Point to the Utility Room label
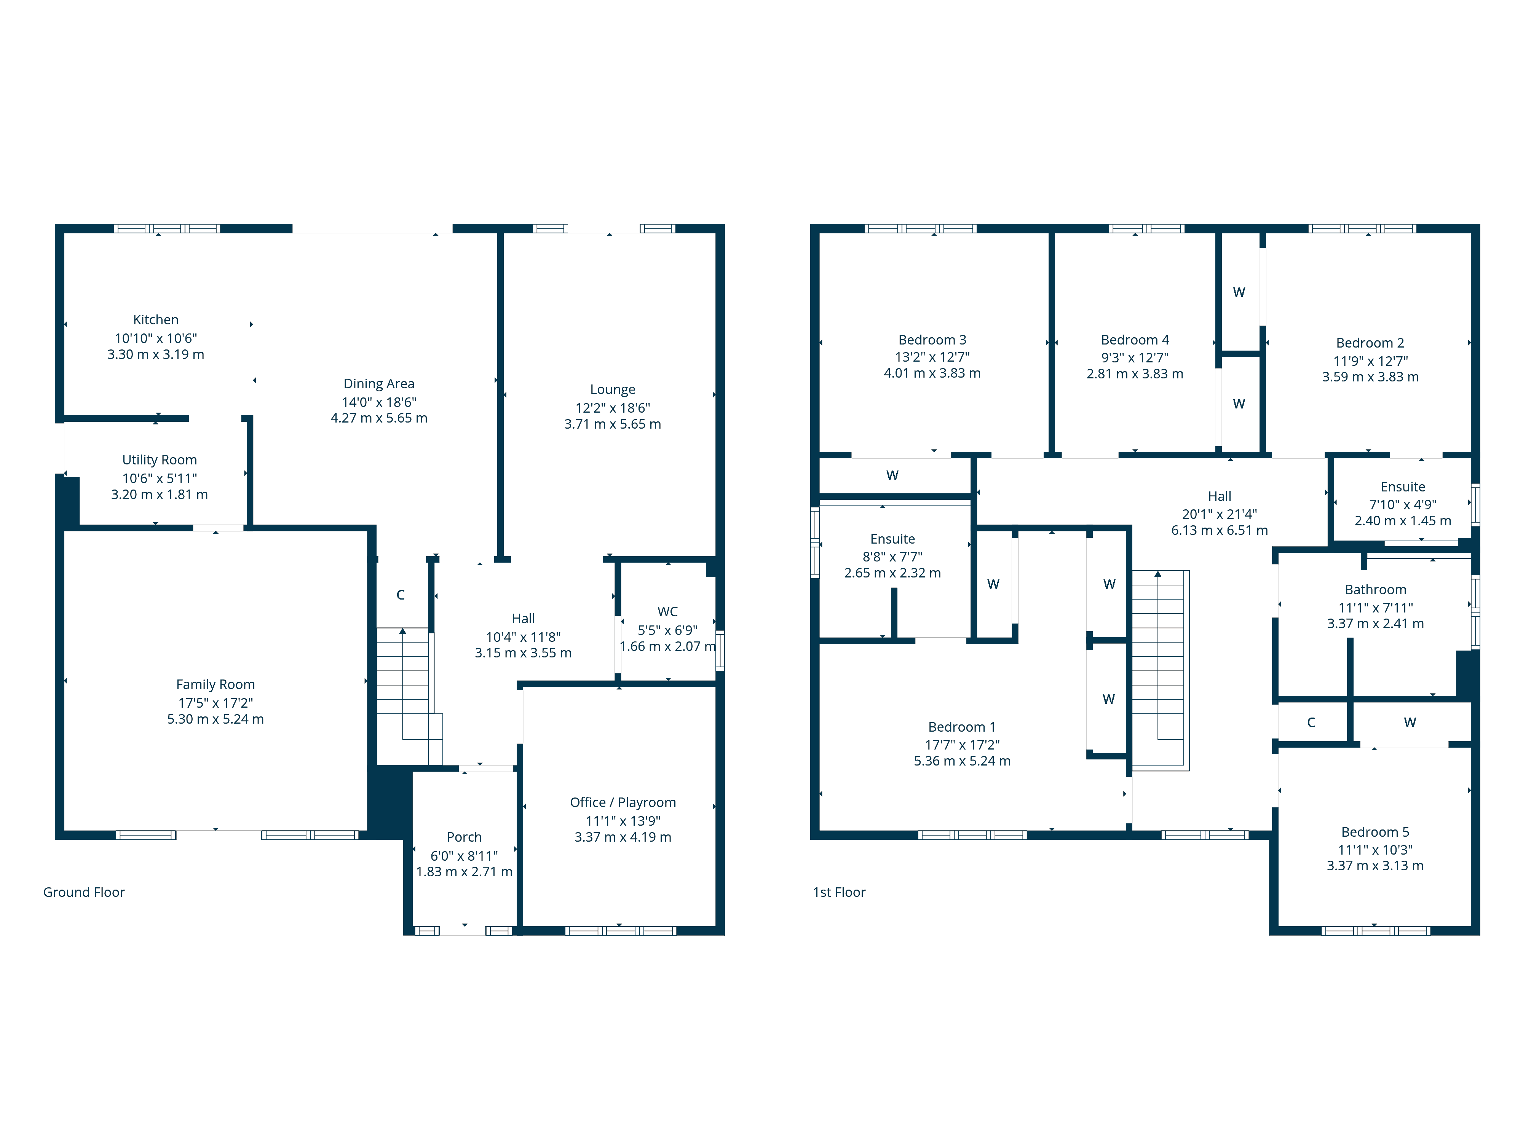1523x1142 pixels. coord(159,460)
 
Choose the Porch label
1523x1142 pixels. coord(464,837)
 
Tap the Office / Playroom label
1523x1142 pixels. coord(623,802)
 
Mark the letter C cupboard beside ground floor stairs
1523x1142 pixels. coord(400,595)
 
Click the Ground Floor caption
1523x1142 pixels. coord(84,892)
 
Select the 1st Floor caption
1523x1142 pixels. coord(839,892)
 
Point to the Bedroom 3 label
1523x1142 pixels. coord(932,340)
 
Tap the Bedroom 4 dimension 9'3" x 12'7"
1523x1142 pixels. coord(1135,358)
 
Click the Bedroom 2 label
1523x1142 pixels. coord(1370,343)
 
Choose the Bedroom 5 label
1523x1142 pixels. coord(1375,832)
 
